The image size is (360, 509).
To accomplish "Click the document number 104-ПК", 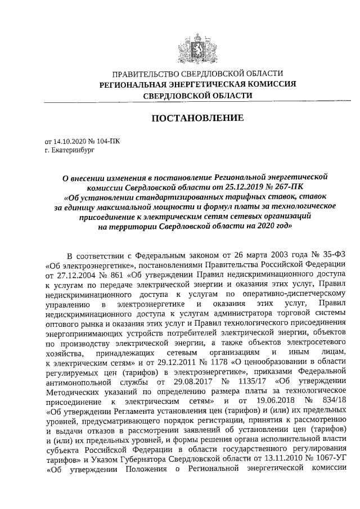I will pyautogui.click(x=107, y=142).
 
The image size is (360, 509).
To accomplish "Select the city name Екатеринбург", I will pyautogui.click(x=71, y=151).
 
